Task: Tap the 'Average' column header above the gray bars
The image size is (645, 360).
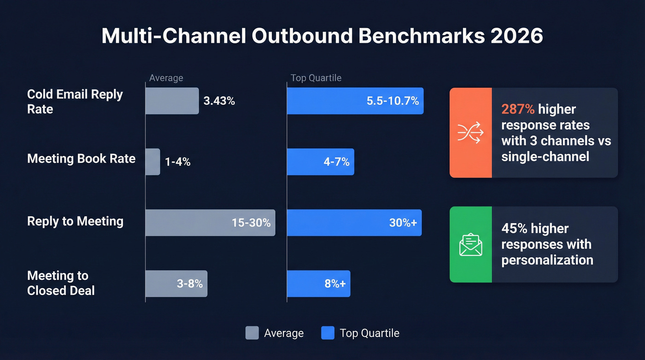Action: [x=166, y=78]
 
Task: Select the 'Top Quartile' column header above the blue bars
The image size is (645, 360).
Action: [x=316, y=78]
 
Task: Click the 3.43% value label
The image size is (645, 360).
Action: [x=219, y=101]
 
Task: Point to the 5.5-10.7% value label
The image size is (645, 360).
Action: [x=393, y=101]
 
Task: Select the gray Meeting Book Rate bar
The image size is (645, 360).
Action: [x=153, y=162]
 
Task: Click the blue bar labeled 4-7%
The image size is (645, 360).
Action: [x=320, y=162]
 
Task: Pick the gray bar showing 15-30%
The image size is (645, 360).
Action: [x=210, y=223]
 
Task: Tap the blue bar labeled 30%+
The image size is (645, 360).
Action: [x=354, y=223]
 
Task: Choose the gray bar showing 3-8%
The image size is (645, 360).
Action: [x=176, y=283]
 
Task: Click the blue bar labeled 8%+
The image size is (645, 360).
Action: [x=318, y=283]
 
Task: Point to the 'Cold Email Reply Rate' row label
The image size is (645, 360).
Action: [x=75, y=101]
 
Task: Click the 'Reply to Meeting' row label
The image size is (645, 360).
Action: [x=75, y=221]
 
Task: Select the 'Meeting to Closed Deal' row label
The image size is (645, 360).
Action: [x=61, y=283]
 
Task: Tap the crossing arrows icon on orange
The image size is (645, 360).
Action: [x=470, y=133]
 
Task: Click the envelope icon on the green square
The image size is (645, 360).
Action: [x=470, y=244]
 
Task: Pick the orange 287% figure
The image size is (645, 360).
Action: [x=518, y=109]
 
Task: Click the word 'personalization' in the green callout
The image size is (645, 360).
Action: [x=547, y=260]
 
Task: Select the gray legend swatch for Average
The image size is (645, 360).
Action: [x=252, y=333]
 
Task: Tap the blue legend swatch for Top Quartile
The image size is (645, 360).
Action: [x=328, y=333]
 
